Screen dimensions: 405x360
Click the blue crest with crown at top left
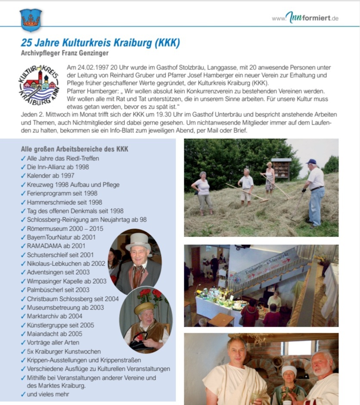tap(31, 20)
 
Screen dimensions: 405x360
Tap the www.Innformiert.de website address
tap(305, 18)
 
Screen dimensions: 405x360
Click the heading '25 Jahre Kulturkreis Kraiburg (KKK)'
tap(100, 43)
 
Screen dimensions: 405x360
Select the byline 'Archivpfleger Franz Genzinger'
tap(65, 53)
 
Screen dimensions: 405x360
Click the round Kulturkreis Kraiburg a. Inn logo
tap(39, 84)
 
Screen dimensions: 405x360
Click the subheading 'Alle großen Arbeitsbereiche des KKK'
tap(74, 149)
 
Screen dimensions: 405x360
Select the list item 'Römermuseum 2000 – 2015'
tap(65, 228)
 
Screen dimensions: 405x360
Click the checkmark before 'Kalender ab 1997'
tap(23, 176)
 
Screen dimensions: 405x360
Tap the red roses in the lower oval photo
tap(150, 295)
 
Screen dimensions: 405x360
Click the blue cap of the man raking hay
tap(311, 162)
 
